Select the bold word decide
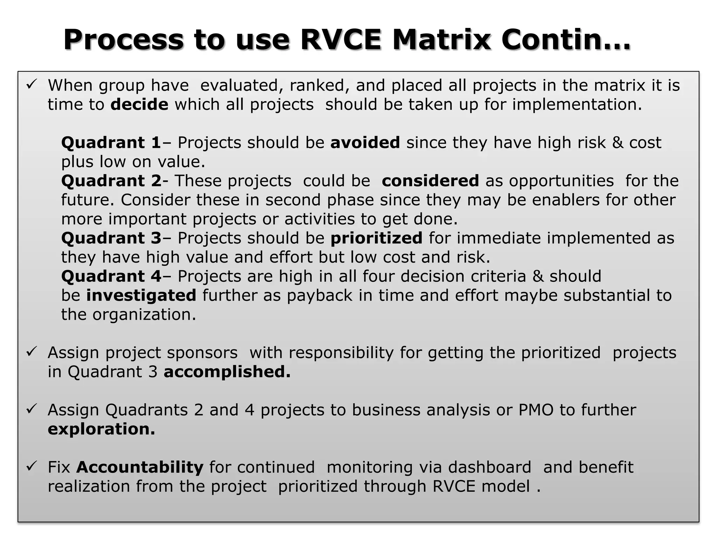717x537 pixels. tap(139, 105)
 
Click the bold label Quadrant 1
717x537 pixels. tap(111, 143)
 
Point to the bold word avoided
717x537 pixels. tap(365, 143)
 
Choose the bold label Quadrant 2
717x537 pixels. tap(111, 181)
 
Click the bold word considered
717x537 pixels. tap(430, 181)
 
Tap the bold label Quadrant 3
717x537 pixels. tap(111, 238)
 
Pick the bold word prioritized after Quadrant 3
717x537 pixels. tap(376, 238)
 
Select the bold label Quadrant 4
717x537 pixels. tap(111, 276)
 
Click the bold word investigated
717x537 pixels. tap(141, 295)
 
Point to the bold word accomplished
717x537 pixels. tap(227, 372)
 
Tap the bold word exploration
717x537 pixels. tap(101, 429)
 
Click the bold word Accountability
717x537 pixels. tap(140, 467)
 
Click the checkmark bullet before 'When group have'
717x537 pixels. tap(32, 84)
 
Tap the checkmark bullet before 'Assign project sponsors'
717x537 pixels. tap(32, 351)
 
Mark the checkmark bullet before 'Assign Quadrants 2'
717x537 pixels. tap(32, 409)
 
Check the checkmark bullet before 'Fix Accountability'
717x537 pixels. tap(32, 466)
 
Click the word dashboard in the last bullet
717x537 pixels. tap(489, 467)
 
